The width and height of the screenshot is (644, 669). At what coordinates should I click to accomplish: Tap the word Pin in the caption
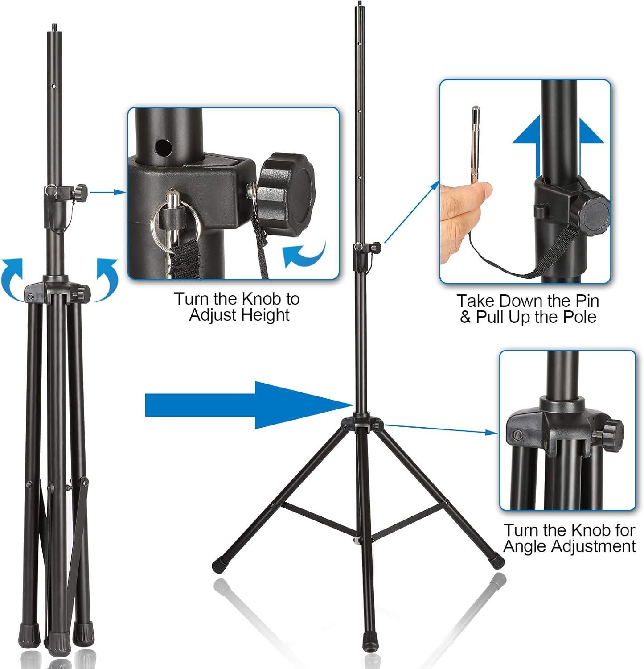point(585,301)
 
